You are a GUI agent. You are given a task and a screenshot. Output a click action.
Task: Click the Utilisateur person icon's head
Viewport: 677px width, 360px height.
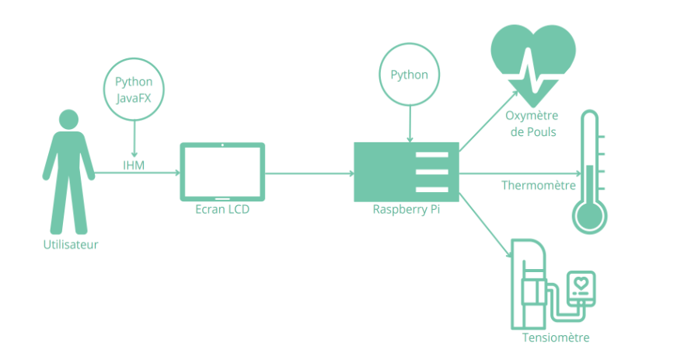pyautogui.click(x=69, y=120)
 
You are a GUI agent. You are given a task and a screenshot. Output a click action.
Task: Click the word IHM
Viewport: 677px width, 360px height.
pyautogui.click(x=134, y=165)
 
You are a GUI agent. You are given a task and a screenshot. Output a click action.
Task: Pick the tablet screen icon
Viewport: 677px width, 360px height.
pyautogui.click(x=222, y=172)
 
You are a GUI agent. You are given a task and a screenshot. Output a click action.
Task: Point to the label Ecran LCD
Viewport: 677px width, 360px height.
pyautogui.click(x=222, y=209)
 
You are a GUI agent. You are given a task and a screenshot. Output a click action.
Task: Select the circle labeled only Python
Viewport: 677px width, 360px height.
pyautogui.click(x=409, y=75)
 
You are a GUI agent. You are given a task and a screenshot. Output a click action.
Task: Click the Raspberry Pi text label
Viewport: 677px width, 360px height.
pyautogui.click(x=406, y=209)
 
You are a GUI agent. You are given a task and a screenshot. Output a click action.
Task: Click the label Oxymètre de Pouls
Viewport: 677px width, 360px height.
pyautogui.click(x=532, y=124)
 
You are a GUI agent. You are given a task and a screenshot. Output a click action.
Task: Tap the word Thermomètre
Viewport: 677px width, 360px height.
pyautogui.click(x=539, y=186)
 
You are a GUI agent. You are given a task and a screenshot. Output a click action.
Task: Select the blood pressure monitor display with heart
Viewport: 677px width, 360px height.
pyautogui.click(x=581, y=289)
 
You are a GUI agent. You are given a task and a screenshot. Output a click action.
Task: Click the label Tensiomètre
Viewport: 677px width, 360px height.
pyautogui.click(x=556, y=337)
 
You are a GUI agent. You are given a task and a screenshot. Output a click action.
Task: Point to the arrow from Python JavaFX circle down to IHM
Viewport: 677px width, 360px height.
pyautogui.click(x=134, y=138)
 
